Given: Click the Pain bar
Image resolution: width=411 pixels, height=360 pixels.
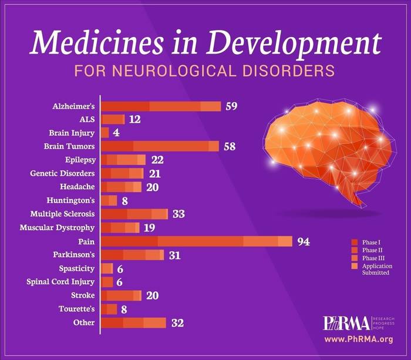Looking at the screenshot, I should point(197,241).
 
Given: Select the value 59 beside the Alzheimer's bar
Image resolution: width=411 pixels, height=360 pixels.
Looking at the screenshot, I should point(231,106).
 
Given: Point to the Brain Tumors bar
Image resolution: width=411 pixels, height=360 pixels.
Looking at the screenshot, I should point(160,146).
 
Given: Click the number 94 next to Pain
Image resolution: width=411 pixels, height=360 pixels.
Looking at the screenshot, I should point(303,241).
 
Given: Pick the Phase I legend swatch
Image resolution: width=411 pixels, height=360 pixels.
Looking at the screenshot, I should point(354,242).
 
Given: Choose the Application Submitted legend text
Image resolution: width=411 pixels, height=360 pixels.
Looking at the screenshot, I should point(377,269).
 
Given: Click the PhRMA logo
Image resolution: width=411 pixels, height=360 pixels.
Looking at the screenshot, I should point(346,322).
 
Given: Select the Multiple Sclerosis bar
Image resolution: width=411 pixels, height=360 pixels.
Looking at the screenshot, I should point(134,214).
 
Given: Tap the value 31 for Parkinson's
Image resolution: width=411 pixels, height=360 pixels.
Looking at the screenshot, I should point(174,255).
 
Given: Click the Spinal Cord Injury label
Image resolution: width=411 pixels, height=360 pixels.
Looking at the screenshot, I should point(60,282).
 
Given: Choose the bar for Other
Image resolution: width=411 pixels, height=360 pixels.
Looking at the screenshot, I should point(134,322).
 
